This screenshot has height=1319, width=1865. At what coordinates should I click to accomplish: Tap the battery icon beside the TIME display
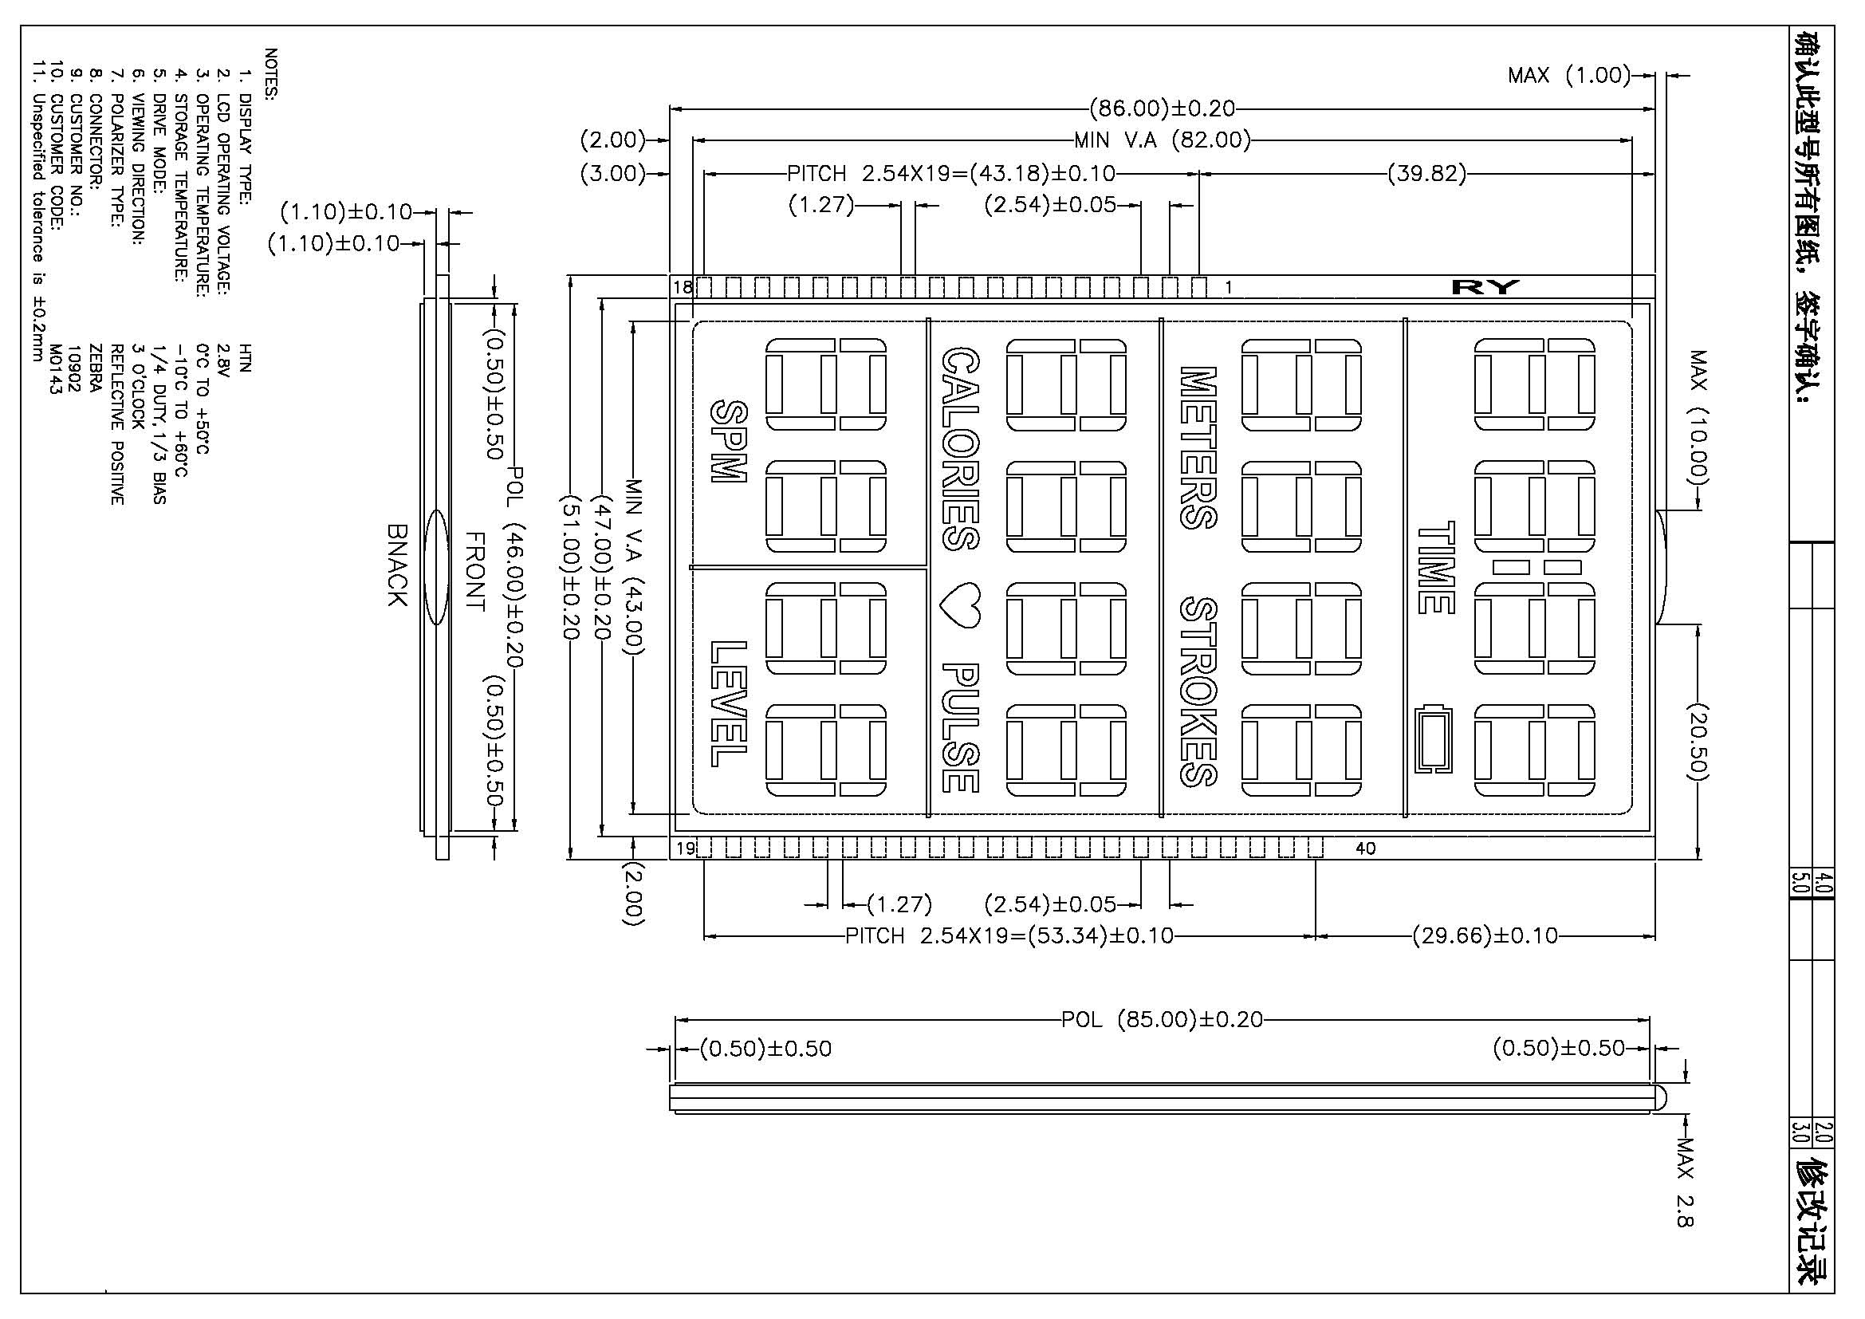1434,739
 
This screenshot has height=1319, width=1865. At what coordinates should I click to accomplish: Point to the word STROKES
1198,692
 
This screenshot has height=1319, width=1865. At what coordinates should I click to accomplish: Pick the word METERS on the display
1198,447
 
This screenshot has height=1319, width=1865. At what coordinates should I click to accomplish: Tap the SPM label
728,442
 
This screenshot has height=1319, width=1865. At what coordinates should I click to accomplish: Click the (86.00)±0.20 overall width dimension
1162,108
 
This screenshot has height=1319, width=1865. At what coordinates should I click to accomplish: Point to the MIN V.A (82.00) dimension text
1163,140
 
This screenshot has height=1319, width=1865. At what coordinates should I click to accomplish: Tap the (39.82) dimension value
1427,173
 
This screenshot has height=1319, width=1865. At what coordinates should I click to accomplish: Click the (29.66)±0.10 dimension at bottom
1485,935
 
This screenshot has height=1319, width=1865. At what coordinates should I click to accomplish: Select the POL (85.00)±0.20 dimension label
1163,1019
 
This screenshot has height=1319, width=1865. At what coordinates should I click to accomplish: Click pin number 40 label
1365,848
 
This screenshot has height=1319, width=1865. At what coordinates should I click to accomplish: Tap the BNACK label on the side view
396,565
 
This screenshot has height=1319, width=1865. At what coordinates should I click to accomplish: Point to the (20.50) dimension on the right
1698,742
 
